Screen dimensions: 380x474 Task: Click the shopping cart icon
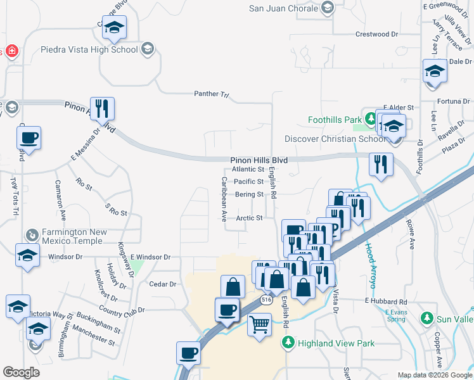(260, 326)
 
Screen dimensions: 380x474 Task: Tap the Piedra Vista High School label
(89, 49)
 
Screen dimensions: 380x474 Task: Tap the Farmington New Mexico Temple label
(72, 236)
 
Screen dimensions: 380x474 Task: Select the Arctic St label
(250, 218)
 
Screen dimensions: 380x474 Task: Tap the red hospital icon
(11, 51)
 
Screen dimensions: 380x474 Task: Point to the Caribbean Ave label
(224, 199)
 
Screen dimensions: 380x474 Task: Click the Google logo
(22, 372)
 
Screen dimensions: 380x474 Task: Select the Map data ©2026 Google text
(435, 375)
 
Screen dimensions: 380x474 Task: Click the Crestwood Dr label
(376, 34)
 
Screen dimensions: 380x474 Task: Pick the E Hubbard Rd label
(385, 301)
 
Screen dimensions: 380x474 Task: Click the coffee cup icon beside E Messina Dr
(29, 137)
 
